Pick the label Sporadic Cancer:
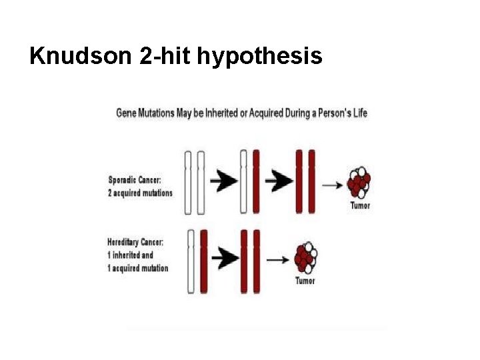click(134, 180)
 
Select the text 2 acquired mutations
click(140, 193)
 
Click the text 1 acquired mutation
click(137, 268)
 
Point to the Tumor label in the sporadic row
click(360, 205)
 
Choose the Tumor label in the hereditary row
click(305, 281)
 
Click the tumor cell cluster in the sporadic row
click(359, 181)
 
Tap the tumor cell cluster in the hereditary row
click(305, 257)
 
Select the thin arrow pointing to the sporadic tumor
click(332, 186)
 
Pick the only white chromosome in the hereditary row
click(191, 261)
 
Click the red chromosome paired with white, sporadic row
click(257, 181)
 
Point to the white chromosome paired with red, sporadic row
click(244, 181)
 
